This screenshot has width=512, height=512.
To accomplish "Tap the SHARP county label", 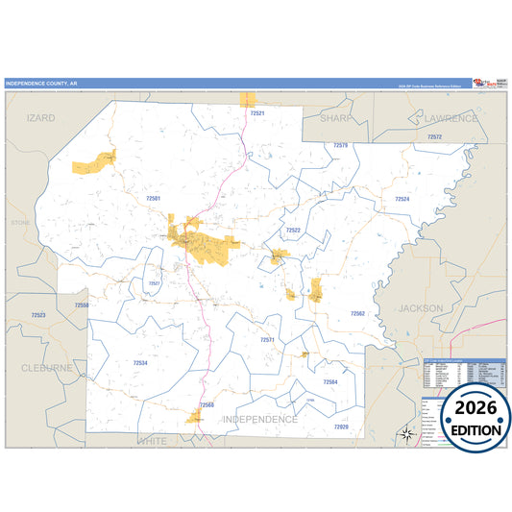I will click(336, 118).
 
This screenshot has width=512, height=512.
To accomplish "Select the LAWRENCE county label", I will click(445, 118).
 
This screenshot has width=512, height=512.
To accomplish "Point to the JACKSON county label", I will click(421, 308).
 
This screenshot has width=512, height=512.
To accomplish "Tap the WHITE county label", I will click(152, 440).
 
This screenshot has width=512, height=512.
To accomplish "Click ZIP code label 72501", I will click(153, 197).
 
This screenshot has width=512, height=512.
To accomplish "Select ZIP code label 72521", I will click(256, 113).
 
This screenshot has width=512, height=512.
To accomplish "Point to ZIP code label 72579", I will click(340, 145).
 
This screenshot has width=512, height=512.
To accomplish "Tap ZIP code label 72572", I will click(434, 137).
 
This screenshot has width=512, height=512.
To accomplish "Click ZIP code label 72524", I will click(402, 199).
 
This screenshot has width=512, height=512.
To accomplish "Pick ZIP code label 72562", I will click(357, 313).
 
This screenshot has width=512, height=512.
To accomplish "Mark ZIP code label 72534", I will click(140, 363).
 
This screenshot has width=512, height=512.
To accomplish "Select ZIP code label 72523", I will click(38, 315).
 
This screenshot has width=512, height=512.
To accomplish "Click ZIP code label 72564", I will click(330, 382).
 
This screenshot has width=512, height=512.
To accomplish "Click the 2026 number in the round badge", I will click(471, 408).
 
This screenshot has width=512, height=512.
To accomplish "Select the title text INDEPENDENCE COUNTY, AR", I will click(42, 84).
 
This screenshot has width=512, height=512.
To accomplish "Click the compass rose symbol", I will click(407, 433).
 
